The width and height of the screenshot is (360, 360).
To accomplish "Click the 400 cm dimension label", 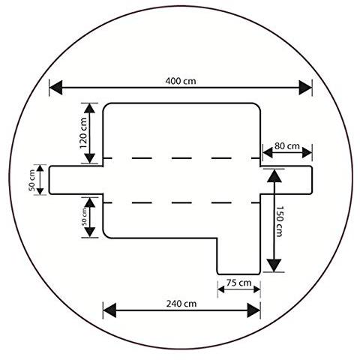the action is (181, 81).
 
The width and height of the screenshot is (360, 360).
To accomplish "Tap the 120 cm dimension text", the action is (84, 133).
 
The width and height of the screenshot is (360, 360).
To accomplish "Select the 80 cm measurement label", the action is (287, 146).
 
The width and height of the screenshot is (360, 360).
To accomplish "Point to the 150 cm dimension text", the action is (279, 221).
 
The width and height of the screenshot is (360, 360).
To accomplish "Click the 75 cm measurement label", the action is (238, 283).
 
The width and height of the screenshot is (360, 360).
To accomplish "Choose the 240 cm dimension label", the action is (181, 304).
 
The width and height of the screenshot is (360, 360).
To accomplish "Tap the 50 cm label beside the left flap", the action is (31, 180).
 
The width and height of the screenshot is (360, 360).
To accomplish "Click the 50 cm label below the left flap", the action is (85, 217).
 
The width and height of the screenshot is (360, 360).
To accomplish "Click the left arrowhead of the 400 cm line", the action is (56, 88).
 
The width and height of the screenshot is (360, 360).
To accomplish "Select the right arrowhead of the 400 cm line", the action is (305, 88).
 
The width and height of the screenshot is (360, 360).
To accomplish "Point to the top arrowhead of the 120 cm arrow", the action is (89, 108).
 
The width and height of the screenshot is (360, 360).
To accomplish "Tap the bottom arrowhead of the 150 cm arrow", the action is (274, 265).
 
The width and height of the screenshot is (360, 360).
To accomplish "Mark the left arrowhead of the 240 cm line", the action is (109, 310).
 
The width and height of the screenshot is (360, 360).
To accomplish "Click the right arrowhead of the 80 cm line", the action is (307, 152).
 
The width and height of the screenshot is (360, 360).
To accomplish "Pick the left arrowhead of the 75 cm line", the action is (221, 289).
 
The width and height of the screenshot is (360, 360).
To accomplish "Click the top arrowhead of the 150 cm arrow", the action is (274, 176).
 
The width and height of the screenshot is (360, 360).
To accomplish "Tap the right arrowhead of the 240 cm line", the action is (253, 310).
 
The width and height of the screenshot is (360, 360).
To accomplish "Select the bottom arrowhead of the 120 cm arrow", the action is (89, 158).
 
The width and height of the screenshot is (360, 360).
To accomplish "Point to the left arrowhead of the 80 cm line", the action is (268, 152).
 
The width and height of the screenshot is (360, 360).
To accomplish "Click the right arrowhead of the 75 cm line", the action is (257, 289).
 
